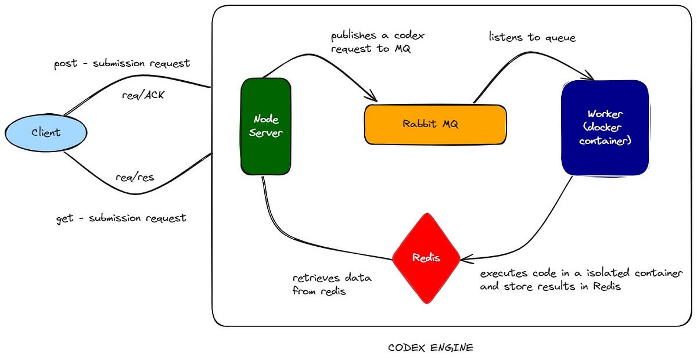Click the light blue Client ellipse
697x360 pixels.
tap(45, 132)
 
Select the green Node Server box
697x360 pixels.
tap(266, 126)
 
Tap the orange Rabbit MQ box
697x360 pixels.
tap(434, 124)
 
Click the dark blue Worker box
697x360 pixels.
tap(605, 128)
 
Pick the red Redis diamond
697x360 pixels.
tap(426, 258)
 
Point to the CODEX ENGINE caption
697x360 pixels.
tap(430, 348)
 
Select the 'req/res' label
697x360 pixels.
tap(135, 177)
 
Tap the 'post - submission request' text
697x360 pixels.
tap(121, 63)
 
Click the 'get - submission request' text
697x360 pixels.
tap(121, 218)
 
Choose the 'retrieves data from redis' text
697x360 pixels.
tap(332, 285)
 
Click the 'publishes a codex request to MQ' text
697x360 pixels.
tap(378, 42)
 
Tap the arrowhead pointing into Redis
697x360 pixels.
tap(465, 258)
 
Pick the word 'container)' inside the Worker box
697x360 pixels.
tap(605, 141)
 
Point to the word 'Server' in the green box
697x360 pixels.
tap(266, 133)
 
